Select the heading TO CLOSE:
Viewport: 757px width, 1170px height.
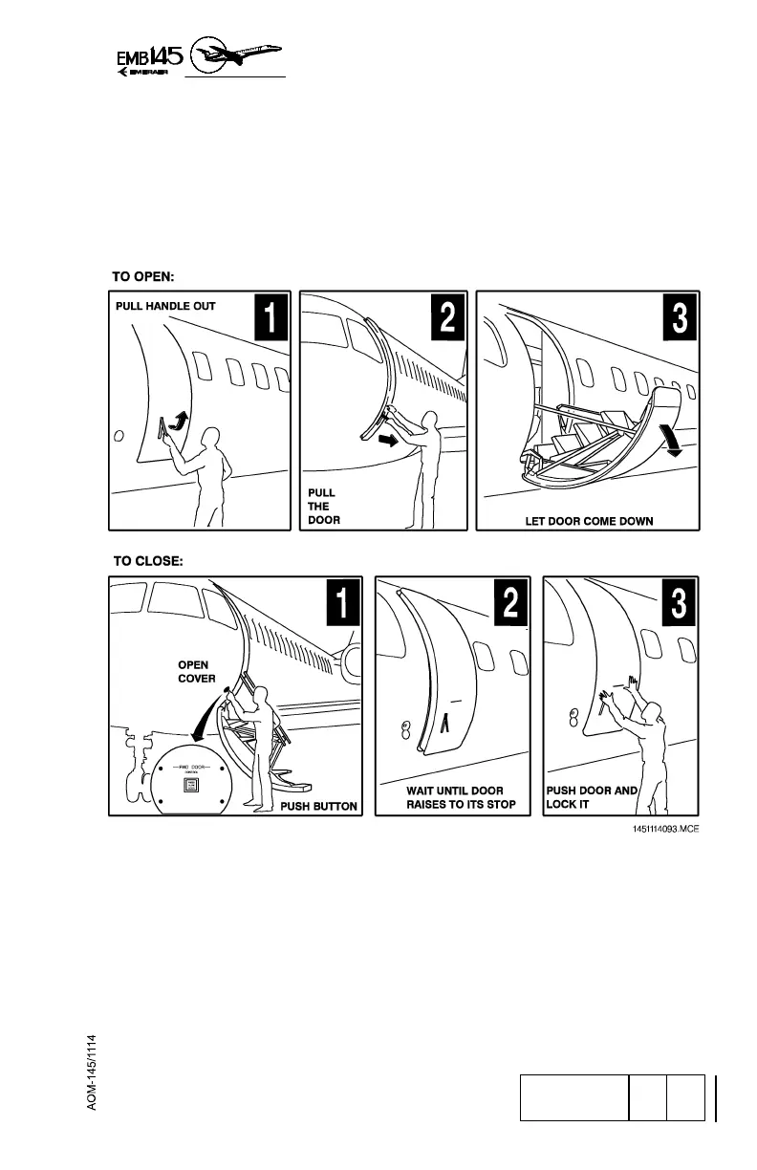tap(147, 562)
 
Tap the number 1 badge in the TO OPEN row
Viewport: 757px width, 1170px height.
tap(271, 319)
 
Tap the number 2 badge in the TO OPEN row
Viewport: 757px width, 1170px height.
tap(446, 319)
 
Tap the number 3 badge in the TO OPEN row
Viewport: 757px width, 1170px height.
tap(680, 319)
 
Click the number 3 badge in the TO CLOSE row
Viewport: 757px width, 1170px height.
tap(679, 603)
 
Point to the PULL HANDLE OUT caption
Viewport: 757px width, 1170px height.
tap(165, 307)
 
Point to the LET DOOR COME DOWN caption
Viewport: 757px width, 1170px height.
tap(589, 521)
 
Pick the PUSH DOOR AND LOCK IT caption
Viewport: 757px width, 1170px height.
tap(591, 798)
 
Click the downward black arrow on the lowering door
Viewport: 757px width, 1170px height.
tap(677, 442)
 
